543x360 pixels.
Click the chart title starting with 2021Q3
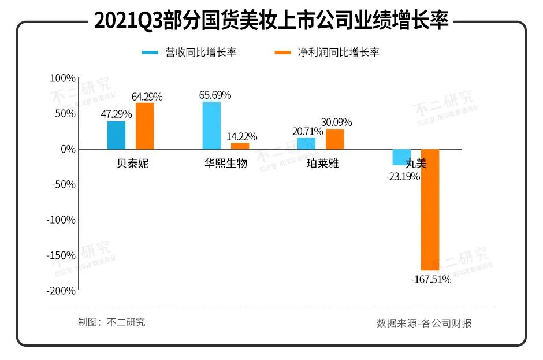pyautogui.click(x=271, y=21)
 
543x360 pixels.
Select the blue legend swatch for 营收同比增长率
pyautogui.click(x=150, y=53)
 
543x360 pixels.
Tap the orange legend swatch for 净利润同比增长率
pyautogui.click(x=282, y=53)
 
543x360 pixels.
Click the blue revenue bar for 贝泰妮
pyautogui.click(x=116, y=135)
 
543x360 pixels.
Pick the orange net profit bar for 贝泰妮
pyautogui.click(x=144, y=126)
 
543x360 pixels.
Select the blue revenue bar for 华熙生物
pyautogui.click(x=211, y=125)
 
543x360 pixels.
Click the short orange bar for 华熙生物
pyautogui.click(x=240, y=146)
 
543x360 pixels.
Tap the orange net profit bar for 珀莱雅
pyautogui.click(x=334, y=139)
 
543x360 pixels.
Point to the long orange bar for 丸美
pyautogui.click(x=430, y=210)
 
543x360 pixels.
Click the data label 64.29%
pyautogui.click(x=147, y=97)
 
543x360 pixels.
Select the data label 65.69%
pyautogui.click(x=215, y=95)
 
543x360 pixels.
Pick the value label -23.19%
pyautogui.click(x=403, y=177)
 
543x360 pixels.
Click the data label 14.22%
pyautogui.click(x=242, y=137)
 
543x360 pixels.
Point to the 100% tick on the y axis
pyautogui.click(x=63, y=78)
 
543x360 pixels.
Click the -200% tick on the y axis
pyautogui.click(x=61, y=291)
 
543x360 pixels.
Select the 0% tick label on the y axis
pyautogui.click(x=68, y=149)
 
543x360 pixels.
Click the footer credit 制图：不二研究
pyautogui.click(x=111, y=322)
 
